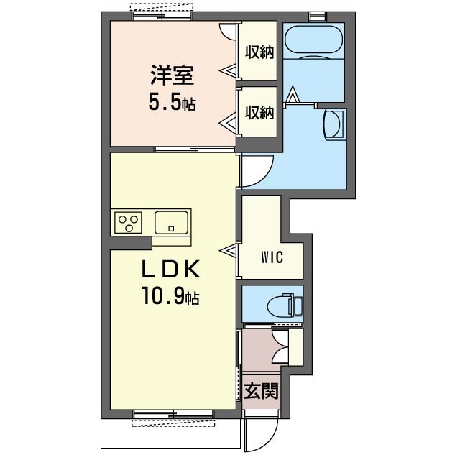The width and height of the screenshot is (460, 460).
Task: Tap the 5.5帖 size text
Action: tap(172, 102)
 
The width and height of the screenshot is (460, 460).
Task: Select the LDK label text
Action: tap(171, 270)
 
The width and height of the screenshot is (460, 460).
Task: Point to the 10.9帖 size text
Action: tap(171, 295)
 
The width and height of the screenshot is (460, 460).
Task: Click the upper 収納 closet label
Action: tap(259, 52)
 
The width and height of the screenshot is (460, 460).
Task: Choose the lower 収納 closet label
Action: tap(259, 112)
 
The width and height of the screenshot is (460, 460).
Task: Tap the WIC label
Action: tap(272, 257)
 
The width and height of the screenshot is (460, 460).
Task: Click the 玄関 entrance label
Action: tap(261, 391)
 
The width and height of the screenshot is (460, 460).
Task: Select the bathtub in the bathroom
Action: tap(313, 40)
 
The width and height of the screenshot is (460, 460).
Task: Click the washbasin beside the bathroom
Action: tap(333, 124)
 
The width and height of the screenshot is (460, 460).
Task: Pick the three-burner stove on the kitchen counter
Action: tap(128, 223)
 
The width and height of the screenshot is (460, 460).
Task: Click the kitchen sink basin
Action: tap(171, 223)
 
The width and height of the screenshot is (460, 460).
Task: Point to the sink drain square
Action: tap(171, 229)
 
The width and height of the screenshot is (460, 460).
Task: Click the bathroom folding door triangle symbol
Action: tap(292, 93)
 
